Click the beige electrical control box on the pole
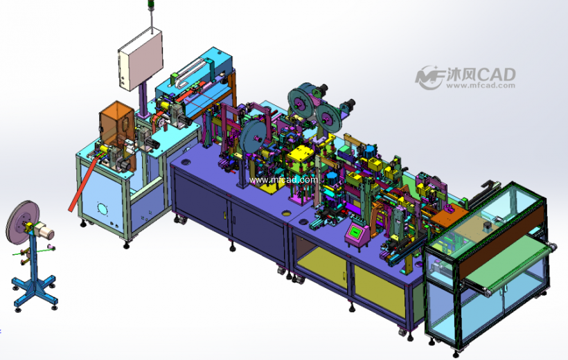[140, 60]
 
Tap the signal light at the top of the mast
[151, 4]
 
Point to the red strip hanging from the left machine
[83, 184]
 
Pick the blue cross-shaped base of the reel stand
[35, 290]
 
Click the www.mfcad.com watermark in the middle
[283, 180]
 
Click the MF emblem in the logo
[430, 77]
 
